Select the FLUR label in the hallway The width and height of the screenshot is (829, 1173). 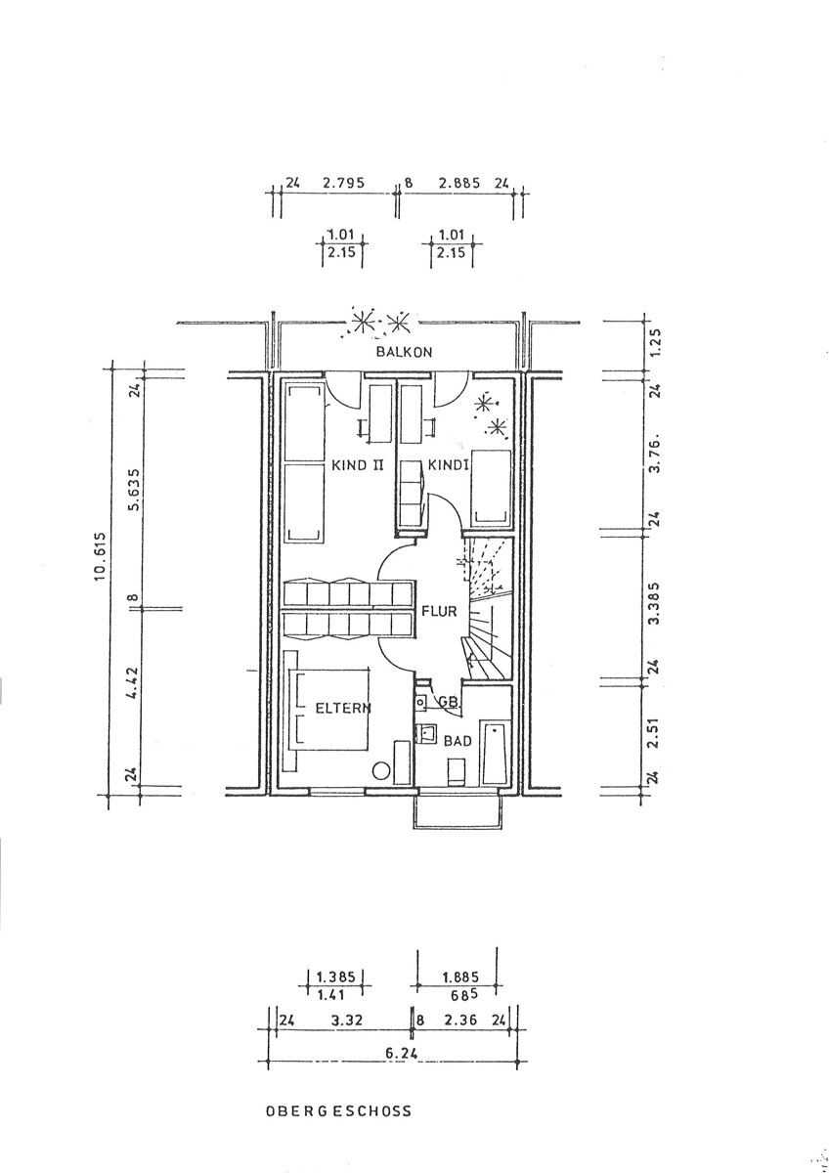click(439, 612)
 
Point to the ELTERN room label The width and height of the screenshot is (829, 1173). click(341, 709)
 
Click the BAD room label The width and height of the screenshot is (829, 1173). click(458, 742)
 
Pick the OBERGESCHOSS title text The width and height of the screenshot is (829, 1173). click(338, 1110)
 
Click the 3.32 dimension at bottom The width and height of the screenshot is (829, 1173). click(349, 1020)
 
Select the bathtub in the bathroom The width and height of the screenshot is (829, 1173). click(496, 753)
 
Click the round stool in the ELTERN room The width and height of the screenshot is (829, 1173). click(378, 771)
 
